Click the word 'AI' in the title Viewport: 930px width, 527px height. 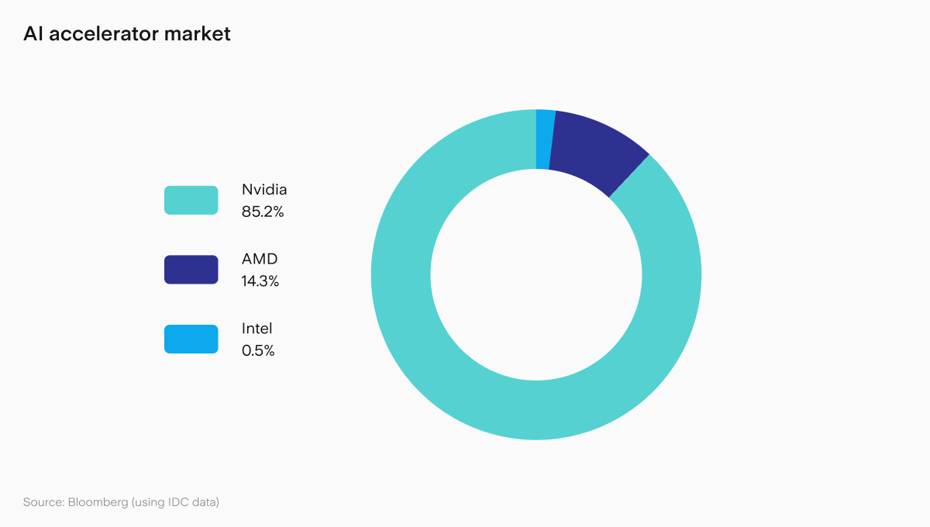32,34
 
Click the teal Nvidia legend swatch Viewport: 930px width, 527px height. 191,200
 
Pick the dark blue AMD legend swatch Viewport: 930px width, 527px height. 191,270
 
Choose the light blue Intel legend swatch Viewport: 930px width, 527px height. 191,339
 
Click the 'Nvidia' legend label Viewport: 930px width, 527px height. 264,190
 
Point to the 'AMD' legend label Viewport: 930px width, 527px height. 260,260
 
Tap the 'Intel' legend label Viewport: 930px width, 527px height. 257,329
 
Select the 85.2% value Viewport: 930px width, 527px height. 263,211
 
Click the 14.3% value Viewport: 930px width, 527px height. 260,281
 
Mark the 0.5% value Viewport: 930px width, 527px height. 258,350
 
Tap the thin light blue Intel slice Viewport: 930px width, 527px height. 544,139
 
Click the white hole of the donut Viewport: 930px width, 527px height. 536,274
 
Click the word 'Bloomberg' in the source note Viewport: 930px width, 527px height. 98,502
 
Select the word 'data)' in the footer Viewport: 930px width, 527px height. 206,502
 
